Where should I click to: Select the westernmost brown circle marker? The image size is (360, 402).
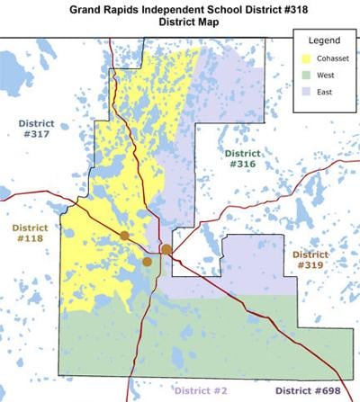(124, 236)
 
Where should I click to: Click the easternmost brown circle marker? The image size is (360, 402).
(166, 249)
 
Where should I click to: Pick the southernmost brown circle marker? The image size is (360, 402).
(147, 262)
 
